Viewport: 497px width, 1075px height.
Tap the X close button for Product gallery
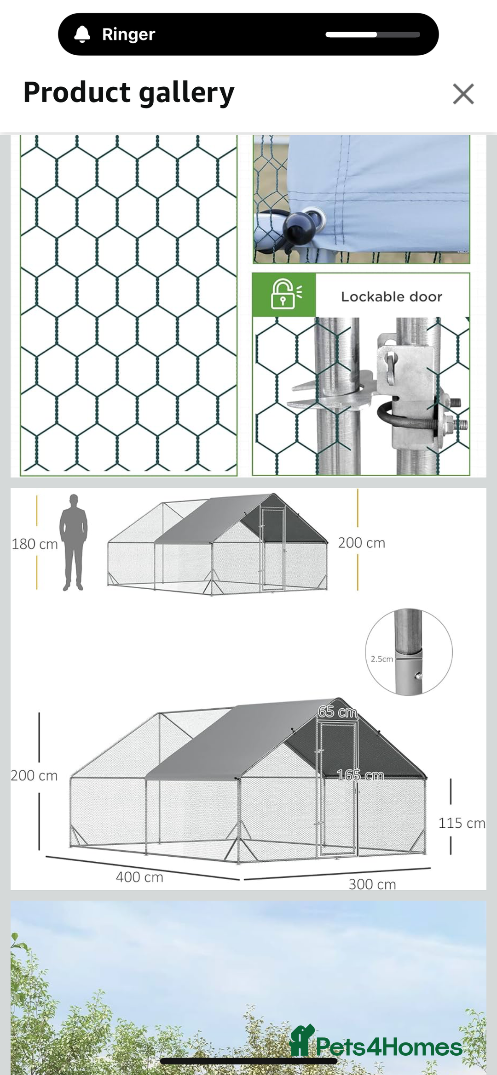[x=463, y=94]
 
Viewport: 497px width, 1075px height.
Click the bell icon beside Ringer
[x=82, y=34]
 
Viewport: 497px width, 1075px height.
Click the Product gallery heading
[x=129, y=93]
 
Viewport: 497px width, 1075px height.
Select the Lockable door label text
[x=392, y=296]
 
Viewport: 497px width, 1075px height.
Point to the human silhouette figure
[x=74, y=542]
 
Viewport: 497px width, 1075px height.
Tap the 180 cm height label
[x=35, y=544]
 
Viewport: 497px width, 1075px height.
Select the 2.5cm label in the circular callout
[x=382, y=659]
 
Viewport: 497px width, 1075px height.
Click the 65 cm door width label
[x=338, y=712]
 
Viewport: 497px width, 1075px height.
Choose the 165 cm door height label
[x=360, y=775]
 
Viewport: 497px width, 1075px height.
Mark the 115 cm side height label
[x=462, y=823]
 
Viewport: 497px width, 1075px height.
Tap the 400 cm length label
[x=139, y=877]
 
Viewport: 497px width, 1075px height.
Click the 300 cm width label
[x=372, y=884]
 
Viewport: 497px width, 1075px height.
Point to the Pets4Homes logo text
[x=389, y=1047]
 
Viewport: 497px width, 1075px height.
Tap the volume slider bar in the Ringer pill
[x=373, y=34]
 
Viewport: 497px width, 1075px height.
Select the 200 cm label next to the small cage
[x=362, y=543]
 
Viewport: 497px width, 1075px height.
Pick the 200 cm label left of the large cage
[x=35, y=776]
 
